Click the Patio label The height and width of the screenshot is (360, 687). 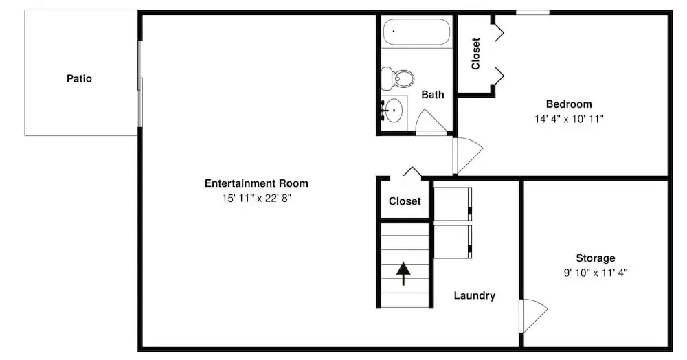click(x=79, y=78)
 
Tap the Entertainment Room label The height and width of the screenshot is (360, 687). click(x=256, y=183)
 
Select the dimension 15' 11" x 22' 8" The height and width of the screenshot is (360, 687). click(x=256, y=198)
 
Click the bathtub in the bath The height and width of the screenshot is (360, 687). click(x=416, y=32)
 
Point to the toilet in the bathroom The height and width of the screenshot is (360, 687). click(x=397, y=78)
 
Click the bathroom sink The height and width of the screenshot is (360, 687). click(x=393, y=110)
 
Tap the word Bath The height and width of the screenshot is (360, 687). click(x=432, y=95)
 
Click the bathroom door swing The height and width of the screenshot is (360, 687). click(x=431, y=122)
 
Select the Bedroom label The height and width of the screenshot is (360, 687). click(x=569, y=104)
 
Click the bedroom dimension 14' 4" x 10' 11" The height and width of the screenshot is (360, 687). click(x=569, y=119)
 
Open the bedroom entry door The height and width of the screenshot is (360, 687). click(x=468, y=156)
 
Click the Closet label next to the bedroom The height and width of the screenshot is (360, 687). click(x=476, y=54)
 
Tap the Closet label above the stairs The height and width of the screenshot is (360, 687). click(x=405, y=201)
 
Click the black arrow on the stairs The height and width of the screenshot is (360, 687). click(x=403, y=273)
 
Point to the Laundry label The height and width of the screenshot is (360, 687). click(x=475, y=295)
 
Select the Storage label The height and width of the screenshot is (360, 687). click(x=596, y=258)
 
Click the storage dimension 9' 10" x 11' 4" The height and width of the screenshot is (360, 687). click(x=596, y=273)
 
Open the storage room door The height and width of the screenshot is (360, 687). click(x=534, y=315)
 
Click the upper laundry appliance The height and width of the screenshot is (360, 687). click(x=453, y=203)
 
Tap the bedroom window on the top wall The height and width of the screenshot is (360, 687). click(x=532, y=12)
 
